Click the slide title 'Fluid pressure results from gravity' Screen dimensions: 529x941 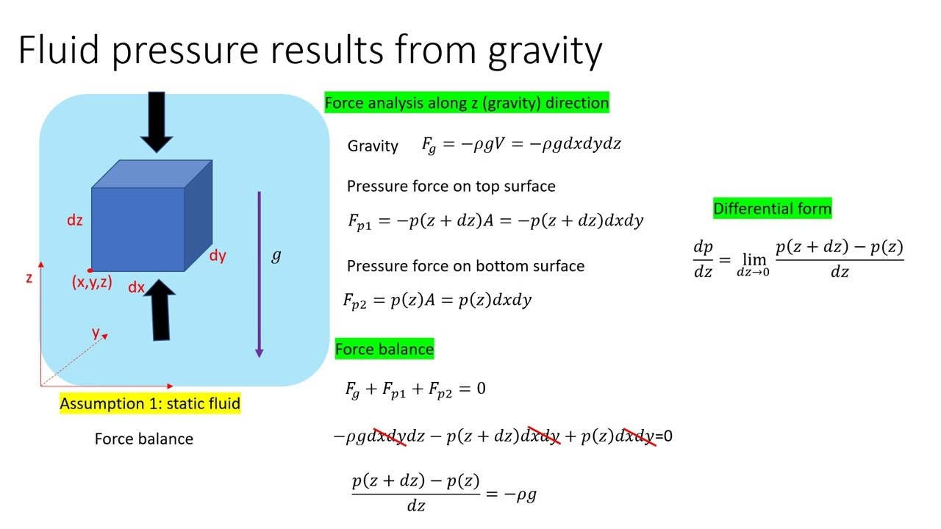coord(310,50)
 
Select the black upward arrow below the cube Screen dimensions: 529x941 coord(160,312)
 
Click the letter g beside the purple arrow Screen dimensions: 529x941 coord(276,256)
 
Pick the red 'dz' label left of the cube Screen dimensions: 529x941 coord(75,220)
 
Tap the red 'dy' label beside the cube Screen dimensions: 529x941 coord(218,256)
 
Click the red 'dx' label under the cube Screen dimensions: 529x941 coord(136,287)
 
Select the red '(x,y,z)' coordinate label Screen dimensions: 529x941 coord(92,282)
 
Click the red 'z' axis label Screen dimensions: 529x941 coord(29,278)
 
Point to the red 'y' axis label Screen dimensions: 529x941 coord(96,332)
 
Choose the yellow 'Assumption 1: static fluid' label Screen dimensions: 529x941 coord(150,403)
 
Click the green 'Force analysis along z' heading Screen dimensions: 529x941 coord(467,103)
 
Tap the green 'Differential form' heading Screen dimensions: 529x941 coord(772,209)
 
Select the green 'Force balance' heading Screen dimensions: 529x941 coord(384,349)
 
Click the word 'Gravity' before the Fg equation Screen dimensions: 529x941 coord(373,146)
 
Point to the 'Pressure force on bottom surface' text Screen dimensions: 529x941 coord(465,266)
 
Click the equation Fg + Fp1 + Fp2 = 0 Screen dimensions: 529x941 coord(415,389)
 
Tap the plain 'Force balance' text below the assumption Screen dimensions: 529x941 coord(144,439)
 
